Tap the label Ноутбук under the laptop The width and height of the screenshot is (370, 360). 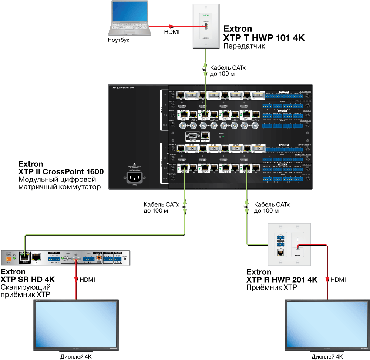tap(118, 40)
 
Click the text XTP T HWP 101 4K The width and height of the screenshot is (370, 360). tap(264, 38)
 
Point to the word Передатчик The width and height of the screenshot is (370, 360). tap(245, 46)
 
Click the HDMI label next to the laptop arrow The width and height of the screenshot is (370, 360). tap(172, 32)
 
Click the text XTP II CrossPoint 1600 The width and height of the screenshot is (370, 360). tap(61, 172)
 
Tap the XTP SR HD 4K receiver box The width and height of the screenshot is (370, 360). tap(67, 258)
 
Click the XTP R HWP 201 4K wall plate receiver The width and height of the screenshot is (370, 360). tap(289, 245)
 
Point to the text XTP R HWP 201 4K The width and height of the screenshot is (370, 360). tap(282, 280)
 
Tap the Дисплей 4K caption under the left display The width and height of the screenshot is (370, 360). tap(76, 356)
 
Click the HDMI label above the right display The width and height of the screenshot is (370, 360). tap(338, 280)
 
